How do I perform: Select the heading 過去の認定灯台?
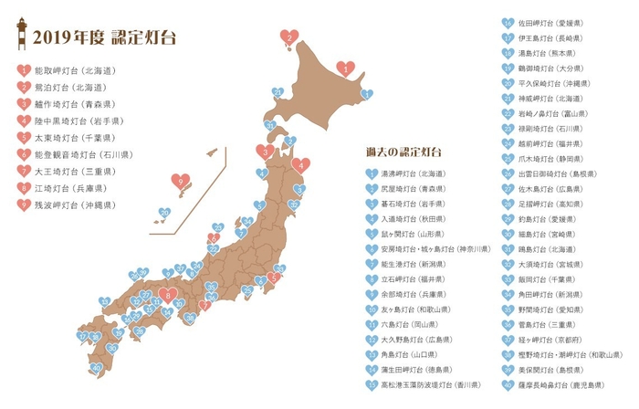pyautogui.click(x=403, y=151)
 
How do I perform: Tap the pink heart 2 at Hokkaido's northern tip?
pyautogui.click(x=289, y=37)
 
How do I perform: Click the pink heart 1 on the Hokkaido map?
pyautogui.click(x=345, y=68)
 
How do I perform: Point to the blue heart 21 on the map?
pyautogui.click(x=270, y=125)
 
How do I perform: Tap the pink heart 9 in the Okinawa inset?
pyautogui.click(x=181, y=183)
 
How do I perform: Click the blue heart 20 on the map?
pyautogui.click(x=278, y=92)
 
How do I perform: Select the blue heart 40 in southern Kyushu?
pyautogui.click(x=97, y=368)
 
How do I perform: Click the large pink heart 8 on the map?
pyautogui.click(x=167, y=294)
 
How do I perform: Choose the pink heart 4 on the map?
pyautogui.click(x=301, y=165)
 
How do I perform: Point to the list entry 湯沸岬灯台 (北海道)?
pyautogui.click(x=420, y=173)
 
